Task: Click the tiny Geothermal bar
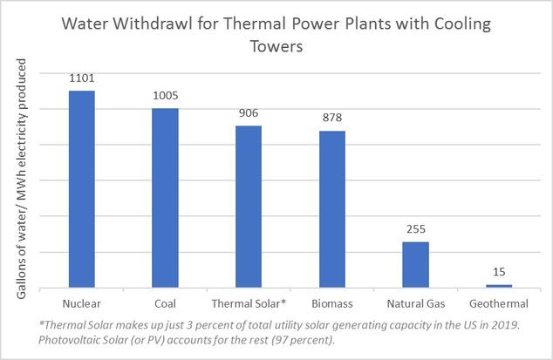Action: (x=498, y=286)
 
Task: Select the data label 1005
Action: (x=165, y=97)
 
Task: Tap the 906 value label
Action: (x=249, y=114)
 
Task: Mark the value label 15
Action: (x=498, y=273)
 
